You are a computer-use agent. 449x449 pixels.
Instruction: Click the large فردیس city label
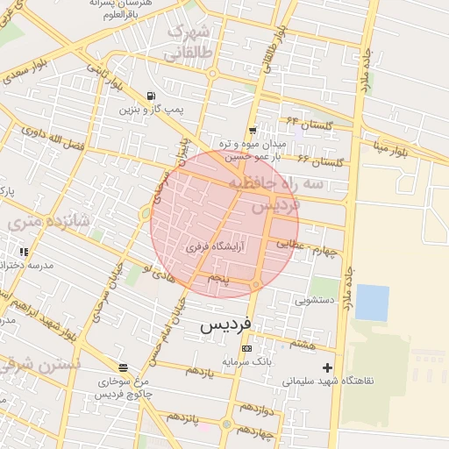(225, 324)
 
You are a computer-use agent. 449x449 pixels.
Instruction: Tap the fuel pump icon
(153, 96)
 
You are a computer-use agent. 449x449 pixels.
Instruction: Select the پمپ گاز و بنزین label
(153, 110)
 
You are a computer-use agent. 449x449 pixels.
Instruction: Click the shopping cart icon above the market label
(253, 131)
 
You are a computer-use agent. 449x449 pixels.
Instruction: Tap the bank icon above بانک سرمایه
(246, 348)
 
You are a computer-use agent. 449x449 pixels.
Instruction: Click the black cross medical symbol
(328, 367)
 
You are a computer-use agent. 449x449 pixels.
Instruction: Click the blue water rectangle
(372, 303)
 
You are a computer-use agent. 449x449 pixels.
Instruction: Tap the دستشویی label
(315, 301)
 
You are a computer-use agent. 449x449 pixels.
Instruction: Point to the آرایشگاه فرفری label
(215, 247)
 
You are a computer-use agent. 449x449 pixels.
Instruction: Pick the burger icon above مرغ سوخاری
(122, 367)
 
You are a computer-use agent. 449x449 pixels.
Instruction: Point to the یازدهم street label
(200, 372)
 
